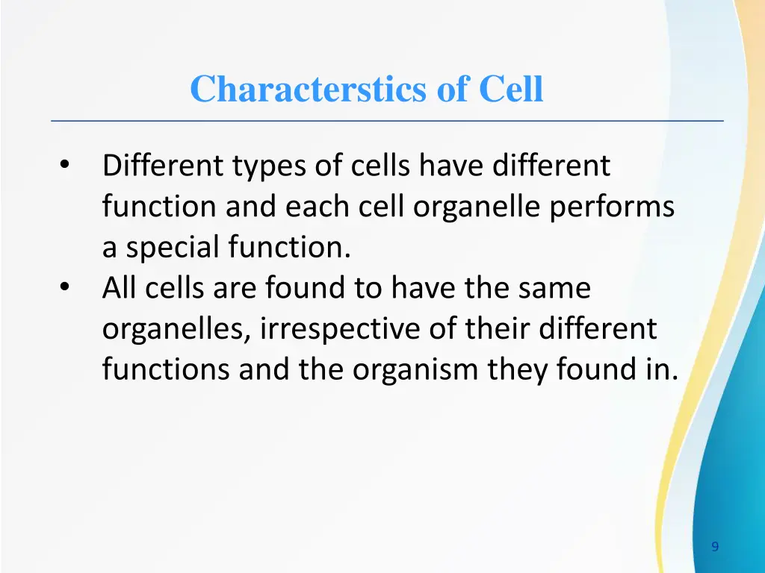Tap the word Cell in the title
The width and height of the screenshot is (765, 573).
511,90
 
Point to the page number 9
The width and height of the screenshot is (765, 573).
715,547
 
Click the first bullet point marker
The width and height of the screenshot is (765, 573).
65,166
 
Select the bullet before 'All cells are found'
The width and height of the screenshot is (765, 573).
65,288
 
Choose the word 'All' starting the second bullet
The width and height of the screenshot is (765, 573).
120,289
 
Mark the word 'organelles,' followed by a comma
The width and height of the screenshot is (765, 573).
177,329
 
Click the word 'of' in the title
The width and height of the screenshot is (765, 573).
452,90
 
